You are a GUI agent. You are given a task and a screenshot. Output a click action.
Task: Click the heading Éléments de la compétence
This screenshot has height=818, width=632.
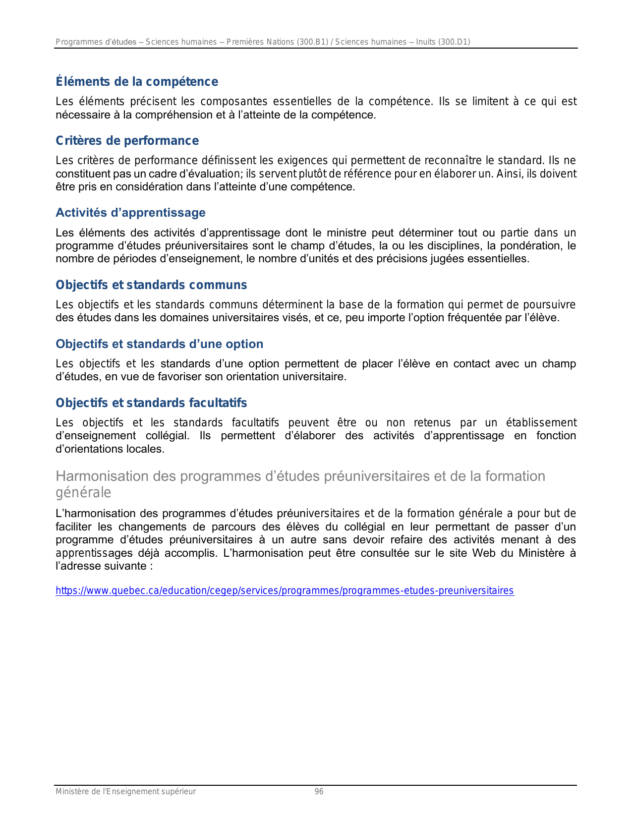[x=137, y=82]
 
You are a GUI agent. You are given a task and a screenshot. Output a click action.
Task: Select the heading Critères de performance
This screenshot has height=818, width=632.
[x=127, y=141]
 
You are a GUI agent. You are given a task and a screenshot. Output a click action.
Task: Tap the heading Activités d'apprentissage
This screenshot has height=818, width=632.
[x=130, y=213]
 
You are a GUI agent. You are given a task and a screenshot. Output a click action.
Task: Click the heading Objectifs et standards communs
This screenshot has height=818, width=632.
[x=151, y=285]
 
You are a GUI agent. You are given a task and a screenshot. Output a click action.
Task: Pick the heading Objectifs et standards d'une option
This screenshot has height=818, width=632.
[x=159, y=344]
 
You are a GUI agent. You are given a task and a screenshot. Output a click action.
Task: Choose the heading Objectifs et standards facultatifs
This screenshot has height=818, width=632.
[x=151, y=403]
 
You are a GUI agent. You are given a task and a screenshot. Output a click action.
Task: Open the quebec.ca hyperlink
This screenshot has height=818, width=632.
[x=285, y=590]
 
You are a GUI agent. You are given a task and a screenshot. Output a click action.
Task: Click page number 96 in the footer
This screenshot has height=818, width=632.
[x=319, y=792]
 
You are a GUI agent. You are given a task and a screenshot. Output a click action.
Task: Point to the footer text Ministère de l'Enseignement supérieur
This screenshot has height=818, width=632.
[x=125, y=792]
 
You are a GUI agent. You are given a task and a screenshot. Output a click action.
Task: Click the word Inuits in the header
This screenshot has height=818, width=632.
[x=425, y=42]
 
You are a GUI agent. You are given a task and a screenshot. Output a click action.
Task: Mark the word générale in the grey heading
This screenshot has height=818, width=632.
[x=83, y=492]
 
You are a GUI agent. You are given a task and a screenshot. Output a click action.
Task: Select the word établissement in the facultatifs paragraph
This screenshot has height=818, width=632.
[x=541, y=423]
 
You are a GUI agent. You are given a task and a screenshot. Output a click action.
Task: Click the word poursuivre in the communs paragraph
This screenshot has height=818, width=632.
[x=549, y=305]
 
